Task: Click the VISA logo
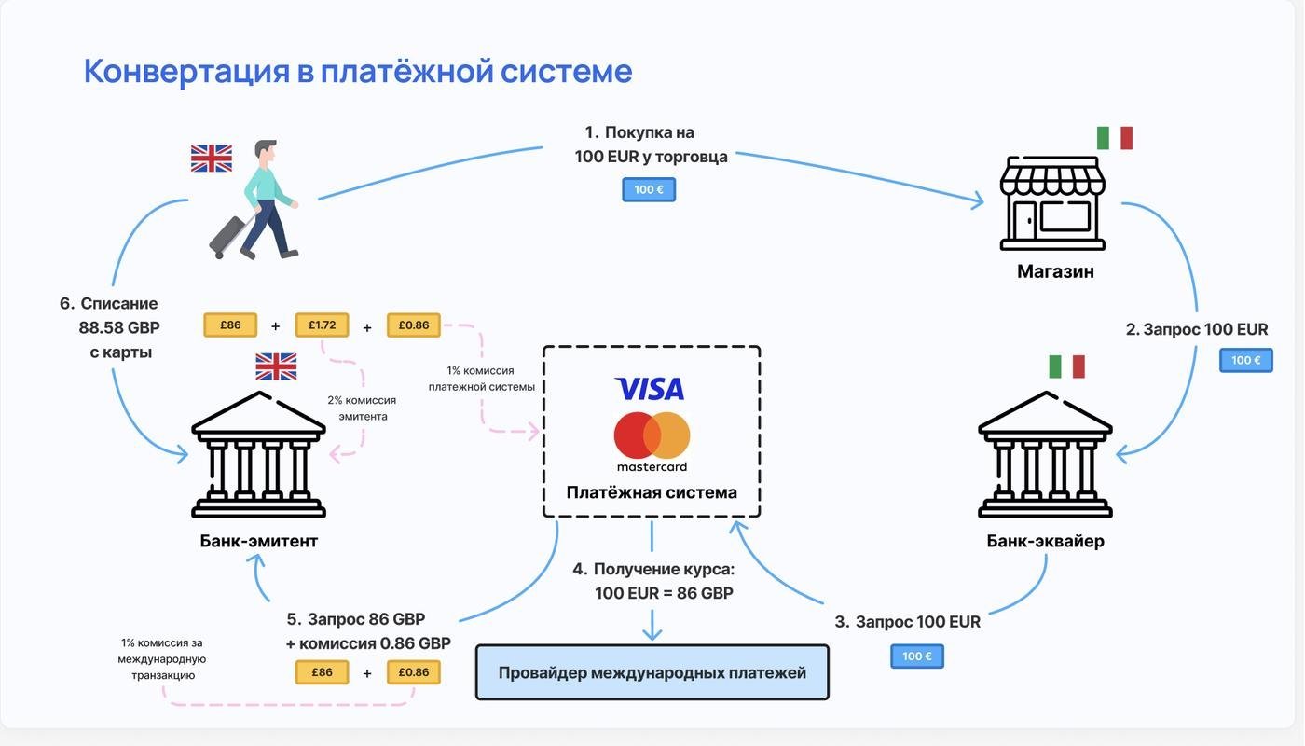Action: point(650,389)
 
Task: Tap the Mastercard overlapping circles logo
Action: point(652,435)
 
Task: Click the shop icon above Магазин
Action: point(1052,203)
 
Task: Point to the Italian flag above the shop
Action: point(1114,138)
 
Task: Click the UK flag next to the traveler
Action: point(212,158)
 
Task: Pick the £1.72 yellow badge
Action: point(322,325)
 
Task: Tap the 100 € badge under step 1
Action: point(649,189)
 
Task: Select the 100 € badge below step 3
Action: point(917,656)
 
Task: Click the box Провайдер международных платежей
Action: point(652,672)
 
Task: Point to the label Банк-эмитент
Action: point(259,541)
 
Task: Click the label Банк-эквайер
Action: point(1045,541)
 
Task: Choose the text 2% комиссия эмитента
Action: point(362,408)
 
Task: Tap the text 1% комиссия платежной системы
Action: point(482,379)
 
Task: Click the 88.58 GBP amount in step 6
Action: point(119,328)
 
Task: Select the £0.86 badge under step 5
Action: point(414,672)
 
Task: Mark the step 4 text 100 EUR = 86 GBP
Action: point(664,593)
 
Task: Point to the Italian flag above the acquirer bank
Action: point(1066,366)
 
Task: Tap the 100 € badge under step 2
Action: point(1246,360)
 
